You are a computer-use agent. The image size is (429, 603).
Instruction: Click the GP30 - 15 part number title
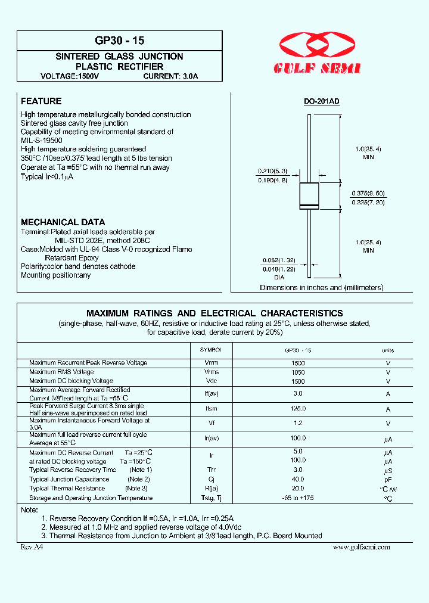(120, 41)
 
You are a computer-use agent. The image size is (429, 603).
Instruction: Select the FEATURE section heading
(41, 101)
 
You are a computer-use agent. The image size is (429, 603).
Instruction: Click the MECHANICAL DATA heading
(63, 222)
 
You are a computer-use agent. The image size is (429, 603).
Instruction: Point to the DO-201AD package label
(321, 102)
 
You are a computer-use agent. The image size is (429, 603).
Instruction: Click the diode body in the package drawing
(309, 197)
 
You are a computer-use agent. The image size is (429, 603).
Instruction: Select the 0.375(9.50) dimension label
(368, 194)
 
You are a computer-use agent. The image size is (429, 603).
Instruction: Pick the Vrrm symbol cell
(211, 363)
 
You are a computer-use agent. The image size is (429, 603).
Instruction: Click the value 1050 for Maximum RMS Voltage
(298, 372)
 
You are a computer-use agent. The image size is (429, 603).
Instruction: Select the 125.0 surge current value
(298, 409)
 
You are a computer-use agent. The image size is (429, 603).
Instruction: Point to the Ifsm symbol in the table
(211, 409)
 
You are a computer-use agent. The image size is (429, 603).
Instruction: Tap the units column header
(388, 350)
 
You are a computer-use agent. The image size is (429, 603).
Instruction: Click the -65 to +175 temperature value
(298, 498)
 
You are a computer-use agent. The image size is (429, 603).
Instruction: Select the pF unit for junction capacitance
(388, 479)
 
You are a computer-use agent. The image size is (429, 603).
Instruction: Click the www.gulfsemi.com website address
(361, 546)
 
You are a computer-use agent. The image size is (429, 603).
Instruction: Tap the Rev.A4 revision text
(31, 546)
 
